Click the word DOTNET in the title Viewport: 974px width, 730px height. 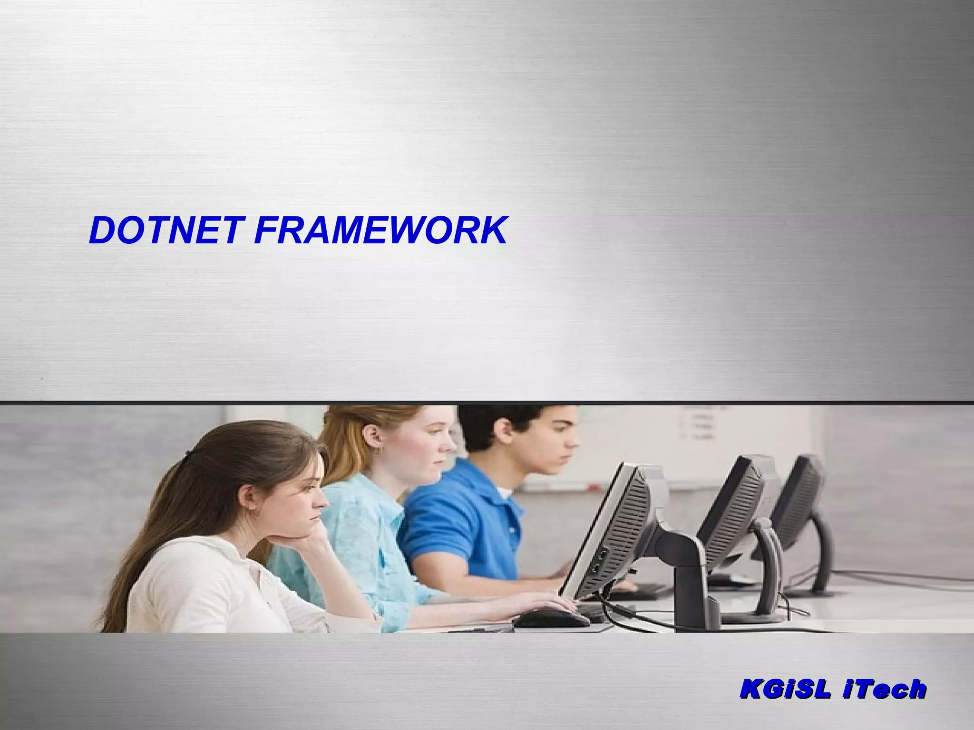164,231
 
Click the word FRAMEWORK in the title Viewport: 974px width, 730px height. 380,231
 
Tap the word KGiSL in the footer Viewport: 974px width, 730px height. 785,689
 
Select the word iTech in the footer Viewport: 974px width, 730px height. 885,689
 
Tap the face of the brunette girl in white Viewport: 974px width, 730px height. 304,499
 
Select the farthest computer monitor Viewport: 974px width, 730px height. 799,499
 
